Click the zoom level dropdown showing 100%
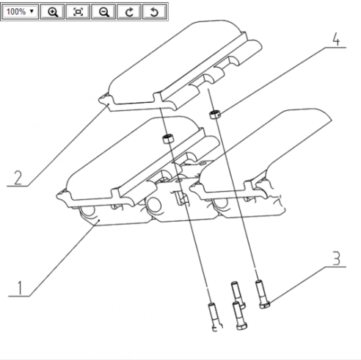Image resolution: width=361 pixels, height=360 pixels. click(20, 12)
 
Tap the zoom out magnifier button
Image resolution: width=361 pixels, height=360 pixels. click(103, 12)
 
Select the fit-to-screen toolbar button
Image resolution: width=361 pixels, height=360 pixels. click(78, 12)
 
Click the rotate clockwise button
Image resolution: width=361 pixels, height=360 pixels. click(129, 12)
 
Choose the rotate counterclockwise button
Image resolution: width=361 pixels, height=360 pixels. click(155, 12)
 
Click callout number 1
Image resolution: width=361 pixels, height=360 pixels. click(20, 288)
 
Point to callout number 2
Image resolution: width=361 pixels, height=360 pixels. click(18, 178)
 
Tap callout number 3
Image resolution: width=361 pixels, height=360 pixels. click(337, 259)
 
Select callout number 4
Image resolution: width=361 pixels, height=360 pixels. click(336, 39)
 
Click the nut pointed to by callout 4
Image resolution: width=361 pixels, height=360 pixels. click(215, 115)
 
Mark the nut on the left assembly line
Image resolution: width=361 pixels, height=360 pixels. click(168, 139)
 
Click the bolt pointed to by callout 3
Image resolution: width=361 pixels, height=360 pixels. click(262, 294)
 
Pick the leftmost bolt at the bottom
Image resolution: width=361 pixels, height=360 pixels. click(215, 317)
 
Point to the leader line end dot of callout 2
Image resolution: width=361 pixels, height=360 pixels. click(109, 104)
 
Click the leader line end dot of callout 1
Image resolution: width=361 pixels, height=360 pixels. click(99, 220)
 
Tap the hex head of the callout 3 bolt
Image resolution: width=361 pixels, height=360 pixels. click(265, 305)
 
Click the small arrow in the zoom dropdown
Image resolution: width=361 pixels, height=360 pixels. click(32, 11)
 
